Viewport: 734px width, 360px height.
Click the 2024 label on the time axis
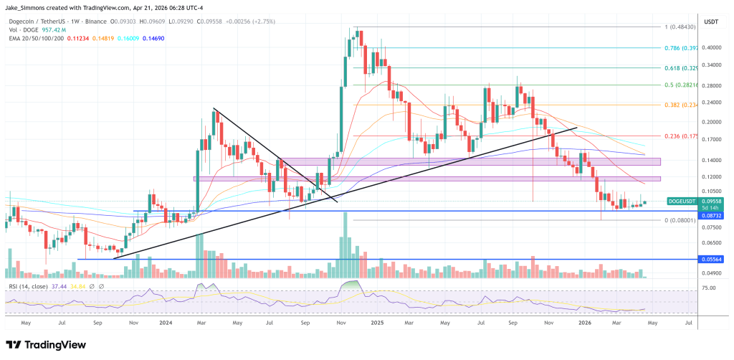166,323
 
